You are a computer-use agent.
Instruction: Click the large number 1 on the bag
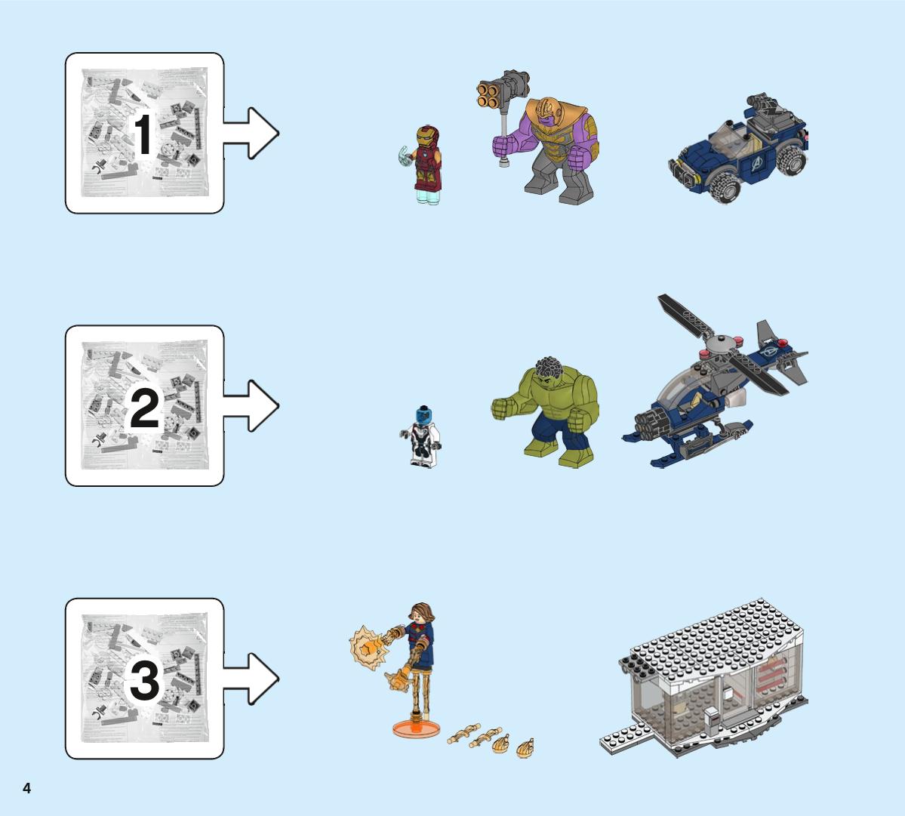pyautogui.click(x=143, y=134)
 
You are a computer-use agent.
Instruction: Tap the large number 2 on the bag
pyautogui.click(x=144, y=408)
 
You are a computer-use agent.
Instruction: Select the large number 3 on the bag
pyautogui.click(x=144, y=680)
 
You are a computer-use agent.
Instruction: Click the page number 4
pyautogui.click(x=26, y=788)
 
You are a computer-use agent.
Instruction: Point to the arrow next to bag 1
pyautogui.click(x=251, y=134)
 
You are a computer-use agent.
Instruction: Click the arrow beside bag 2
pyautogui.click(x=251, y=405)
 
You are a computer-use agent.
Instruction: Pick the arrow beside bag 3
pyautogui.click(x=251, y=679)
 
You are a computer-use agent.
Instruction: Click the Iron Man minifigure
pyautogui.click(x=424, y=164)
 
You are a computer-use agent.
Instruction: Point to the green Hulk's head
pyautogui.click(x=547, y=373)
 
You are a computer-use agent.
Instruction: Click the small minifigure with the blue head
pyautogui.click(x=421, y=436)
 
